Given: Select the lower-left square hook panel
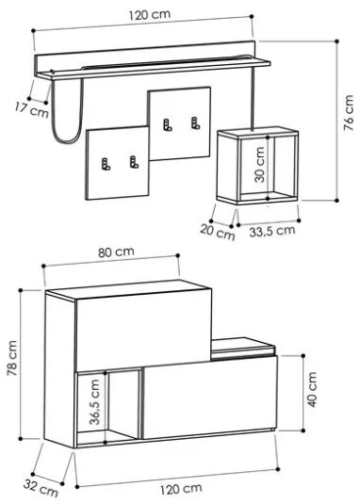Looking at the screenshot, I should (116, 165).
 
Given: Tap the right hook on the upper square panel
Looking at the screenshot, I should (196, 122).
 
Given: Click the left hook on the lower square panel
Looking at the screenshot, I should (104, 163).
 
